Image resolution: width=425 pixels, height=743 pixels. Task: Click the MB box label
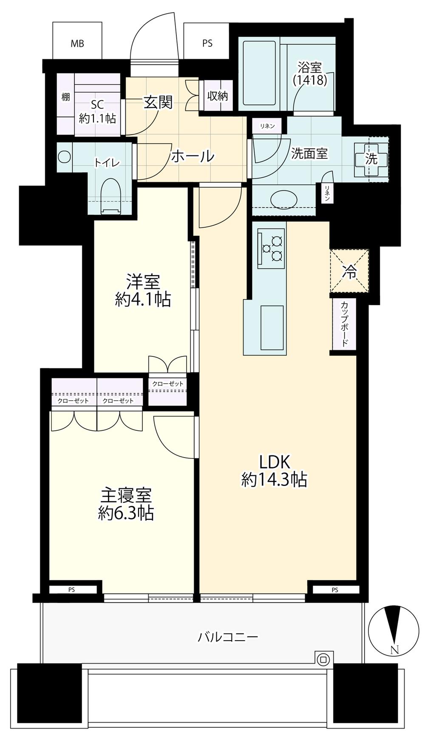77,43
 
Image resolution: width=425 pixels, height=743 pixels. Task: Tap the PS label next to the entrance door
207,43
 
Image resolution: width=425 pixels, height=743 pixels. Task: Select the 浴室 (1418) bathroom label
310,73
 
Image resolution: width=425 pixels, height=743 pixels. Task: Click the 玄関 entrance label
158,102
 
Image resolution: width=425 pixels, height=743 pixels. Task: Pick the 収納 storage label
218,96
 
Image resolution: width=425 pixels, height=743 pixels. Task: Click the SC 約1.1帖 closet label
97,111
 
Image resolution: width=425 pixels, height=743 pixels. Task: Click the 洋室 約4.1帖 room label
143,291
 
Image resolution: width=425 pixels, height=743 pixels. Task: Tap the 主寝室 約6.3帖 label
126,504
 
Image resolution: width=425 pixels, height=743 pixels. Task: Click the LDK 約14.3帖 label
274,470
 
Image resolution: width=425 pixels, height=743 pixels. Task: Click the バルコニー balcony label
228,637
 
